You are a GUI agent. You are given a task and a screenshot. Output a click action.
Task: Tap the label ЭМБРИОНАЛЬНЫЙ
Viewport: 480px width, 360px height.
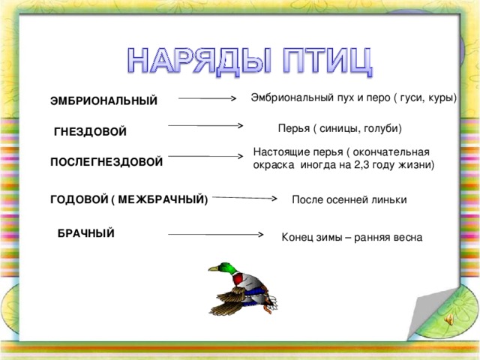coord(104,101)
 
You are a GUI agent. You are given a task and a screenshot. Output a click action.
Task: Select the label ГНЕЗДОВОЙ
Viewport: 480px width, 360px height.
coord(91,132)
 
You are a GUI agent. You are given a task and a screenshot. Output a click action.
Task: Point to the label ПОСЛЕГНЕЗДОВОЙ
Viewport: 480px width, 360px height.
coord(106,161)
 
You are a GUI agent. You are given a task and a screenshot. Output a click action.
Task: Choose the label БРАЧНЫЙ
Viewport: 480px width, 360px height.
coord(86,233)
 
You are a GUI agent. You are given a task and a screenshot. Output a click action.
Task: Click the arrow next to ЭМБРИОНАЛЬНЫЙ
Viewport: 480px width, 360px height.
coord(208,98)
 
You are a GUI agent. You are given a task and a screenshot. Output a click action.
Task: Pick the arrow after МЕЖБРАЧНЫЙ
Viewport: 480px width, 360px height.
coord(245,199)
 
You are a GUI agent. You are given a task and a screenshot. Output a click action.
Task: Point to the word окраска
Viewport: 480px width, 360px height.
coord(275,163)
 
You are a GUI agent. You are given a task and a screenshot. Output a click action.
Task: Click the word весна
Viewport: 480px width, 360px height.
coord(406,237)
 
